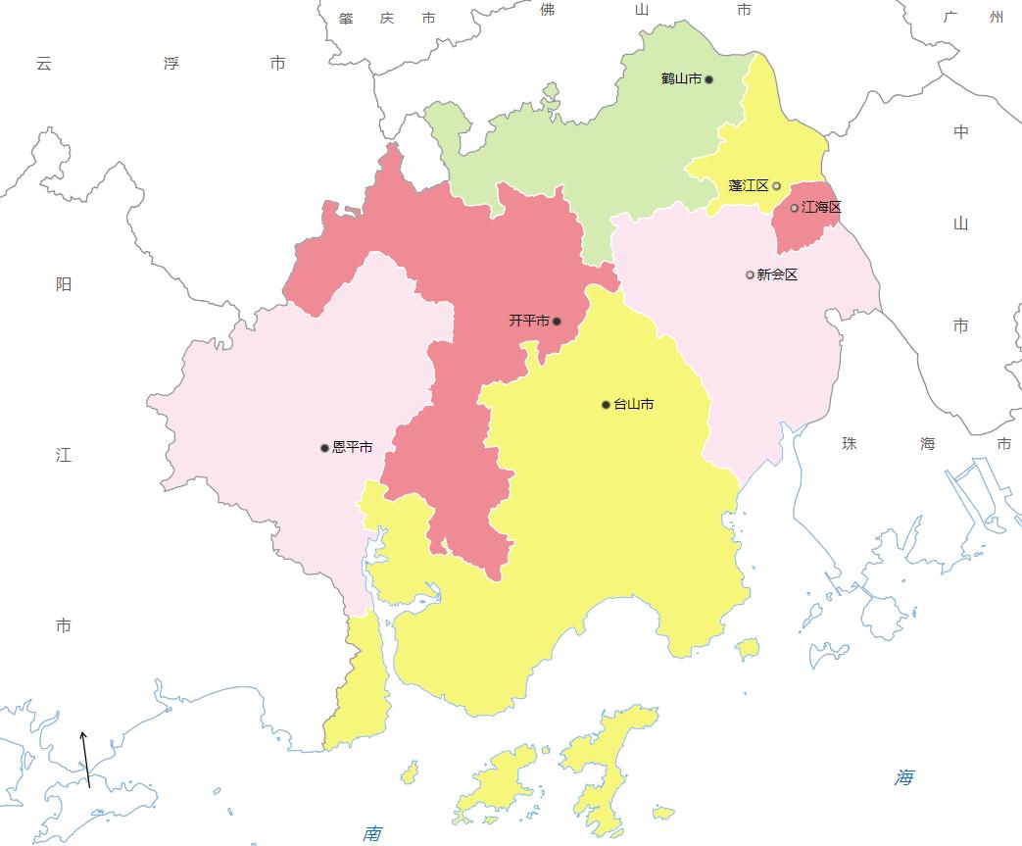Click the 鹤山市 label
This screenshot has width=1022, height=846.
(681, 79)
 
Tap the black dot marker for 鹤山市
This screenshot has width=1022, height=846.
(709, 79)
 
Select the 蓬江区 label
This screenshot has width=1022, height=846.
(749, 185)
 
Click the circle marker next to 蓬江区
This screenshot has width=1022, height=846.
(777, 185)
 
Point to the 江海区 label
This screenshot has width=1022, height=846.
(821, 208)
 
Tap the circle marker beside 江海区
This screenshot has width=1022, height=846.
(795, 208)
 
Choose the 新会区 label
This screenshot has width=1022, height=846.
(778, 274)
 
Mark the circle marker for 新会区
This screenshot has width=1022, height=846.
(751, 274)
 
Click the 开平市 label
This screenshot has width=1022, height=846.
(529, 321)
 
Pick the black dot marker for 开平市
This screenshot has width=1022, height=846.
(557, 321)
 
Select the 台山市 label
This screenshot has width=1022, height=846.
(634, 404)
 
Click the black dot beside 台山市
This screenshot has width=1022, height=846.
(607, 404)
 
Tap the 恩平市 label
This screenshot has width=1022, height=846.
(353, 447)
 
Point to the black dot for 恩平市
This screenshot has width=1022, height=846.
(325, 447)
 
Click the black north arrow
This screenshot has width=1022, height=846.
(86, 759)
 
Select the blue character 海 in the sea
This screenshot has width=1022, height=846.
(903, 778)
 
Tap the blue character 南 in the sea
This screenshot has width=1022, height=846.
(372, 834)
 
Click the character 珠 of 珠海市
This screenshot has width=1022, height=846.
(850, 444)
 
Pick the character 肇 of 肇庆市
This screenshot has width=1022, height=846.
(346, 19)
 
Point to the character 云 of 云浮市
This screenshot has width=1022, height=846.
(43, 64)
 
